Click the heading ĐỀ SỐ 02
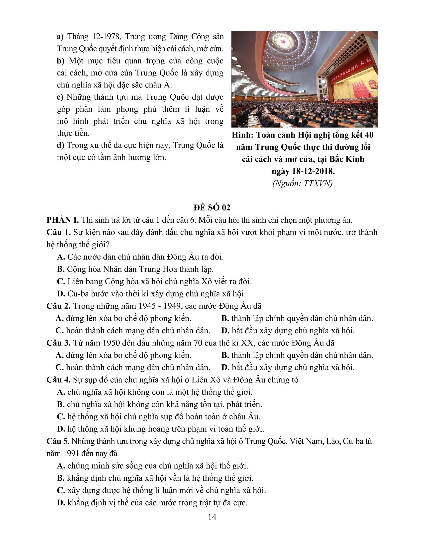pos(212,208)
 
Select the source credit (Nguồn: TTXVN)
pos(303,183)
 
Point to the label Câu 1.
pos(59,232)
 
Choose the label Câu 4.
pos(59,380)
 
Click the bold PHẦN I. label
pos(63,220)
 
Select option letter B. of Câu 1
pos(61,269)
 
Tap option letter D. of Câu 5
pos(61,503)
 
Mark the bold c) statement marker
pos(60,97)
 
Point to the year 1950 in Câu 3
pos(104,343)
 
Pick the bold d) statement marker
pos(61,145)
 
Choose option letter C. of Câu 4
pos(61,417)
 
